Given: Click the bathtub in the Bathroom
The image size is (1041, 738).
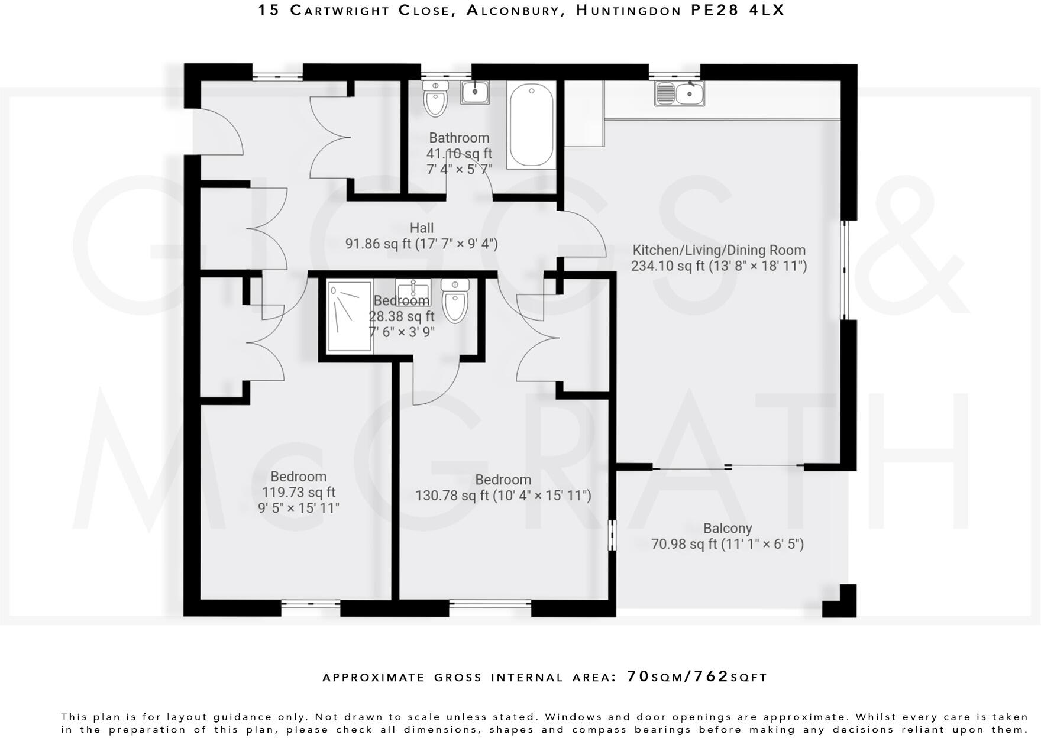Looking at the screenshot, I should click(x=531, y=125).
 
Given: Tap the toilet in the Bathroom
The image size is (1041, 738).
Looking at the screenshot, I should click(x=435, y=99).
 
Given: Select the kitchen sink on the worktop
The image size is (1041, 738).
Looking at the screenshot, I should click(x=680, y=93).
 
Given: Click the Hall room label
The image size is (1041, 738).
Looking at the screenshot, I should click(x=421, y=228).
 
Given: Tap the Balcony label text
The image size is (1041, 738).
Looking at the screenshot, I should click(x=728, y=528).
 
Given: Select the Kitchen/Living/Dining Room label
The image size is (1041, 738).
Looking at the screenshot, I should click(x=719, y=250).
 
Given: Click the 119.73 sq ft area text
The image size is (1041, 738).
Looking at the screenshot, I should click(x=299, y=492).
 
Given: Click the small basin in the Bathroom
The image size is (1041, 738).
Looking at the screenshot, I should click(x=475, y=92).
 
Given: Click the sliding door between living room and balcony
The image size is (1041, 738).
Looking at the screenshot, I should click(x=729, y=467).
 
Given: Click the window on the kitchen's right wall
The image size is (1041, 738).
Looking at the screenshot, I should click(x=846, y=270).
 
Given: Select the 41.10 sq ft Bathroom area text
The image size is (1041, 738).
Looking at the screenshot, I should click(x=459, y=154).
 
